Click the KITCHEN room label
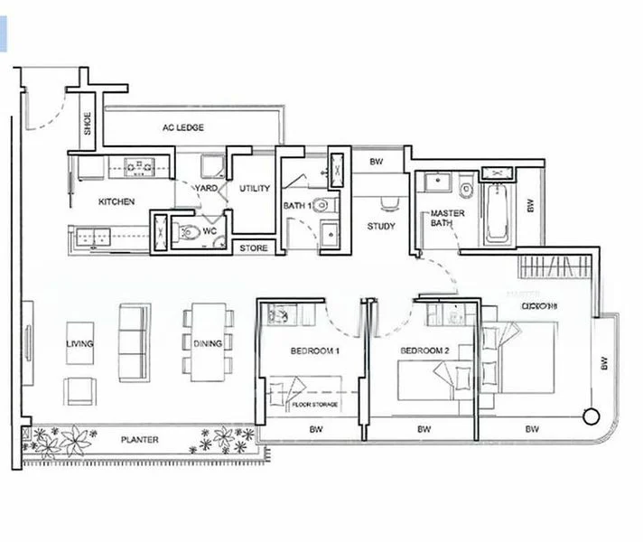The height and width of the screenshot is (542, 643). [116, 201]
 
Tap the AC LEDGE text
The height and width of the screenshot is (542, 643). [183, 127]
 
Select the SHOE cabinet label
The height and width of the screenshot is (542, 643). [88, 124]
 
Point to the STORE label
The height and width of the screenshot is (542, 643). [254, 248]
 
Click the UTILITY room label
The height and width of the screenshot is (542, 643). [255, 189]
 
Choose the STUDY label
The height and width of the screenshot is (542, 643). [381, 227]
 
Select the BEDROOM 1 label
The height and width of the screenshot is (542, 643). [314, 350]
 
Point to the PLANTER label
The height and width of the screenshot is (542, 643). [140, 440]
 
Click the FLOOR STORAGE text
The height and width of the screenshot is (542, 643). [316, 404]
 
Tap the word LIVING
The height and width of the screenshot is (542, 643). [79, 344]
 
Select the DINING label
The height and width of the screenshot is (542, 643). [209, 343]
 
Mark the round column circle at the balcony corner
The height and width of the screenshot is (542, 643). [591, 416]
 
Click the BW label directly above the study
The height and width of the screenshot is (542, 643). [377, 163]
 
